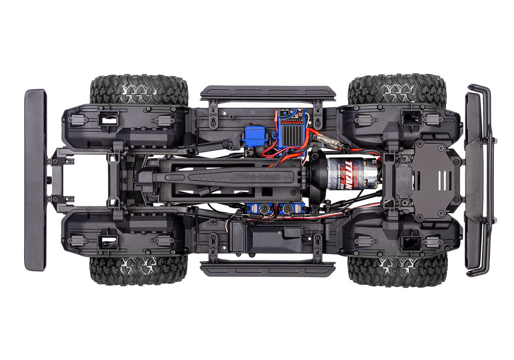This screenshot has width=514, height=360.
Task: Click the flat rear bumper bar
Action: click(x=35, y=180)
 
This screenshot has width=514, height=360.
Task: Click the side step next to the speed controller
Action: click(x=268, y=93)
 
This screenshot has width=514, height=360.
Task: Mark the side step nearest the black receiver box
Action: click(x=268, y=269)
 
